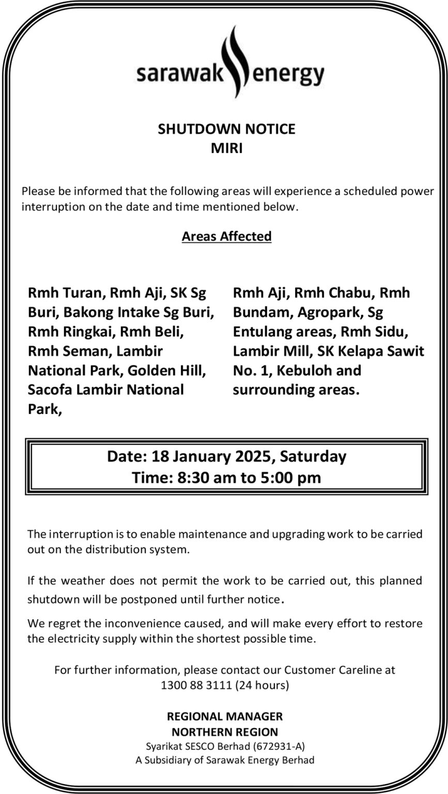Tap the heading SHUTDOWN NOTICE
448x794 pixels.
point(226,129)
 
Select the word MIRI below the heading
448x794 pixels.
point(226,148)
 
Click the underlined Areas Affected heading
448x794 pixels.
point(226,236)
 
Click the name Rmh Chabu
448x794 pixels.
point(331,293)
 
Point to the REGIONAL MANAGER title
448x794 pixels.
point(225,716)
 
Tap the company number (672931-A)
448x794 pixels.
point(278,746)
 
